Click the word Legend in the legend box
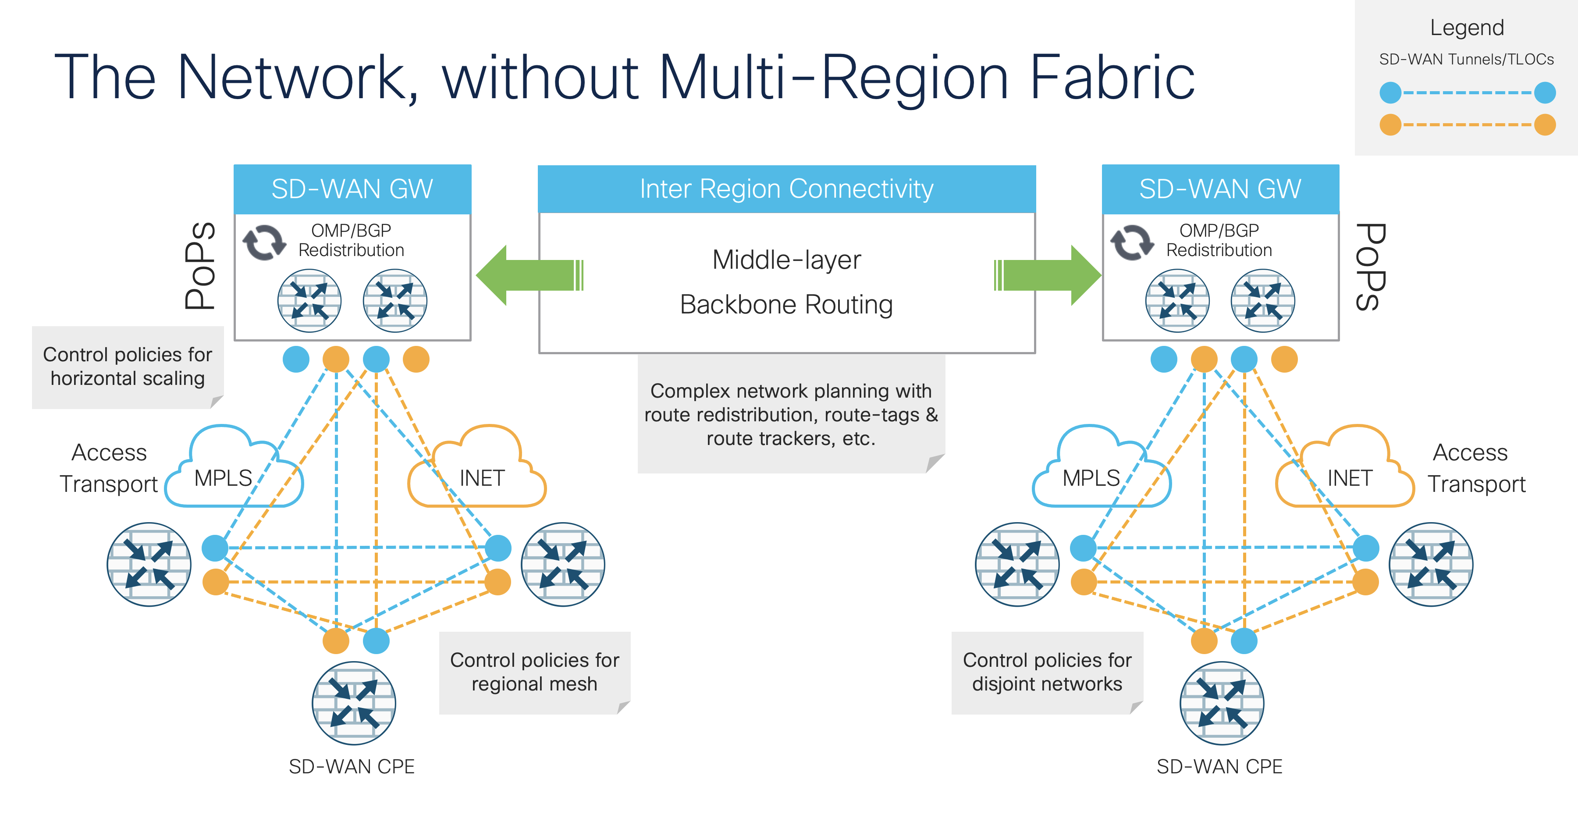[1467, 28]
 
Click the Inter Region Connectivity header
[786, 189]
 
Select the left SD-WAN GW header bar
[352, 189]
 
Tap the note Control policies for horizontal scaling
[128, 367]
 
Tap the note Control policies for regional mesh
[534, 672]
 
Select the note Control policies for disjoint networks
[1047, 672]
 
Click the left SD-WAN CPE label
[352, 766]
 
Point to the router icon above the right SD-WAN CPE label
[1222, 703]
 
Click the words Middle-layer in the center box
[786, 260]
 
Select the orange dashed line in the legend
[1467, 125]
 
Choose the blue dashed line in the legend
[1467, 93]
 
